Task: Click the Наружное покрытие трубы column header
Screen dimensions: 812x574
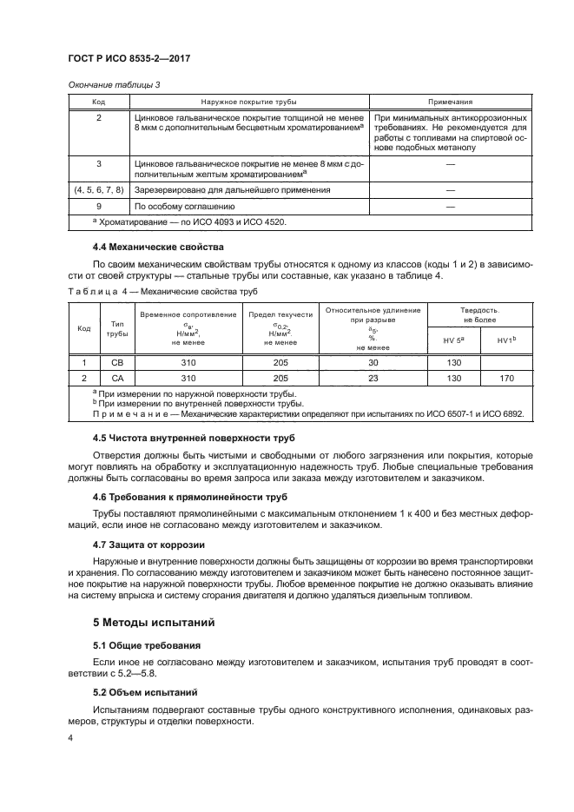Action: click(249, 102)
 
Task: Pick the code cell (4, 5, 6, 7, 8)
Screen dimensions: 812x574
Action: click(98, 188)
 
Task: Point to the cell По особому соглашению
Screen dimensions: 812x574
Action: click(185, 207)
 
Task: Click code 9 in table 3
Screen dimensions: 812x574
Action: click(98, 207)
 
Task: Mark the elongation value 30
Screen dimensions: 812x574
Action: click(373, 362)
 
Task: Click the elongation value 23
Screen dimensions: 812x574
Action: click(373, 378)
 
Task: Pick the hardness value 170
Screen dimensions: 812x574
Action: click(506, 378)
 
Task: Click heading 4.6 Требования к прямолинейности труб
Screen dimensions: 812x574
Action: click(189, 497)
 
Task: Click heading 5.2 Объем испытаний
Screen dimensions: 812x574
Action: click(145, 692)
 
